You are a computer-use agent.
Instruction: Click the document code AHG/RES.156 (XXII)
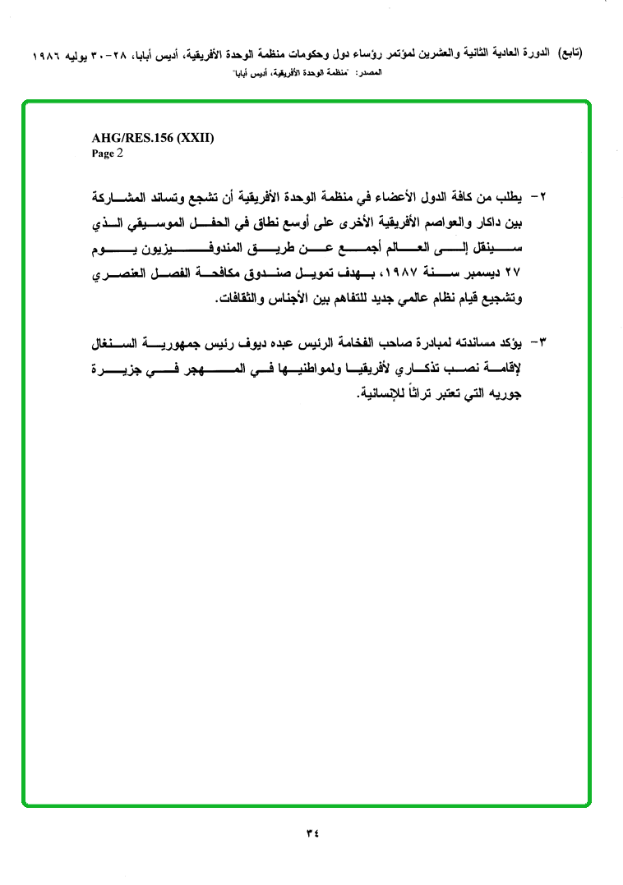click(153, 138)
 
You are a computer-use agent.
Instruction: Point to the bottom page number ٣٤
click(311, 834)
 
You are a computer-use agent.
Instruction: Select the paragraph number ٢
click(542, 199)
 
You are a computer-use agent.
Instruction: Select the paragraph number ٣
click(542, 341)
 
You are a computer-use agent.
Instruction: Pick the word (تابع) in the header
click(568, 56)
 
